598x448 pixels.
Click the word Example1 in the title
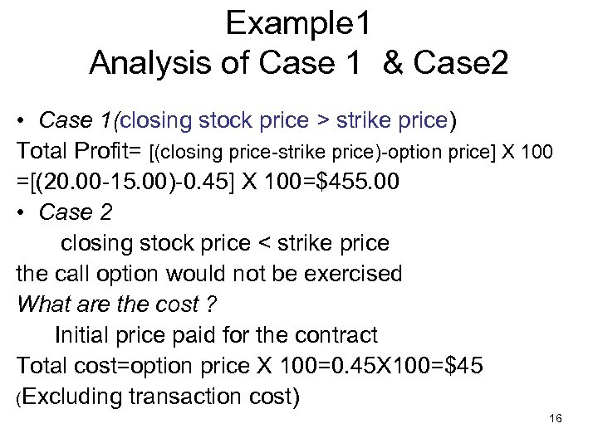tap(298, 25)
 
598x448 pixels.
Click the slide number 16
tap(556, 419)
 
